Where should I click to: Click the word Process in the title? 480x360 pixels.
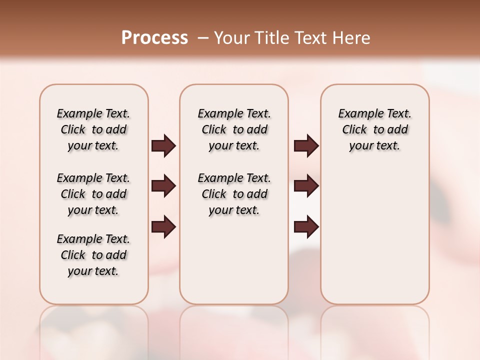tap(154, 38)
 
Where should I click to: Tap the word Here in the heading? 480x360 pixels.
tap(351, 38)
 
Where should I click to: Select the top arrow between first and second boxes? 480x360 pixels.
tap(163, 145)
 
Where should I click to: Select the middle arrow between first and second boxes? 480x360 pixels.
tap(163, 186)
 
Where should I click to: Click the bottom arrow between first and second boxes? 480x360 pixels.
tap(163, 227)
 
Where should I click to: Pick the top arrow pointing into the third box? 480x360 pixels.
tap(306, 145)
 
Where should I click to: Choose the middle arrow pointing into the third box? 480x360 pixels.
tap(306, 186)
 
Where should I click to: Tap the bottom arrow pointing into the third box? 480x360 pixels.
tap(306, 227)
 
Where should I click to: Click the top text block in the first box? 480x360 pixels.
tap(93, 129)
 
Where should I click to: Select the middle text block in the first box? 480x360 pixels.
tap(93, 194)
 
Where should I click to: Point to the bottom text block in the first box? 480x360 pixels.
tap(93, 255)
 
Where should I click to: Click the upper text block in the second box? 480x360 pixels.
tap(234, 129)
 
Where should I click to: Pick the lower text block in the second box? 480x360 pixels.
tap(234, 194)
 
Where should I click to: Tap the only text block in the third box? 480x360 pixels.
tap(374, 129)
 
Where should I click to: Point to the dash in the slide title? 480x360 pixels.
tap(203, 38)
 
